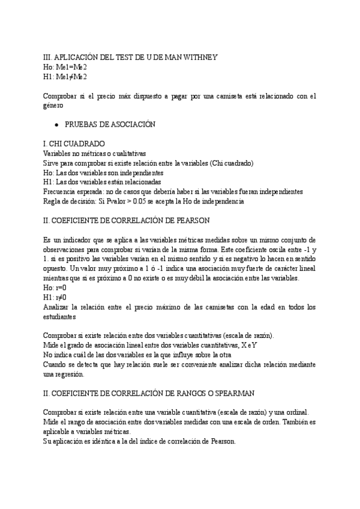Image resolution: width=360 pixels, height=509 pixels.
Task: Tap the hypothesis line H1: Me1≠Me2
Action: coord(65,76)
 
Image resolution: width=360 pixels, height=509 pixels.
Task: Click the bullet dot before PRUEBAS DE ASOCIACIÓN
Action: coord(56,125)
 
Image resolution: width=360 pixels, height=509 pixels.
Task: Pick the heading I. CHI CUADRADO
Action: coord(74,144)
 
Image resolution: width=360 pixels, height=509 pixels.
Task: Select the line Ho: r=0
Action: coord(55,288)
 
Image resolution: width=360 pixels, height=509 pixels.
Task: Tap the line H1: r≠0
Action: coord(55,298)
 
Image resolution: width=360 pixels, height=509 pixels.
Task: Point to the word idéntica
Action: coord(108,441)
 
